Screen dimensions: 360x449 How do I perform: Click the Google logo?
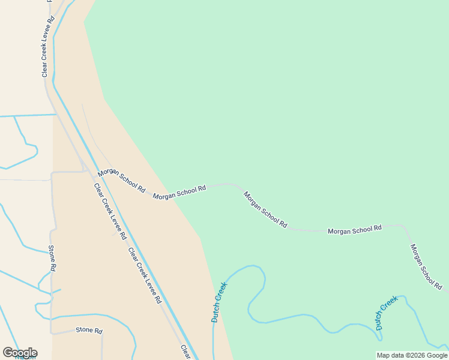pos(20,353)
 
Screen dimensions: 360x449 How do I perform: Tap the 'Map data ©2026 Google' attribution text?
pos(412,355)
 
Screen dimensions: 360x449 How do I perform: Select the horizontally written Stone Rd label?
pos(89,331)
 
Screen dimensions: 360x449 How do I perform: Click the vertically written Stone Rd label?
pos(53,259)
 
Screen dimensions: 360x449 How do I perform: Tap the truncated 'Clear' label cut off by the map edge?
pos(186,352)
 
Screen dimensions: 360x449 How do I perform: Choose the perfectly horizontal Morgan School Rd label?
pos(355,229)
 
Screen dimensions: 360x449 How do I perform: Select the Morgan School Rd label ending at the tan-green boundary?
pos(179,192)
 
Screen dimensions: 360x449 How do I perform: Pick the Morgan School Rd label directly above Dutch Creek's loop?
pos(265,209)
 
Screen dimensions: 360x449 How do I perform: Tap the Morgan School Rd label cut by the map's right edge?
pos(426,267)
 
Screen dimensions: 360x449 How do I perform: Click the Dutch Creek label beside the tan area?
pos(219,302)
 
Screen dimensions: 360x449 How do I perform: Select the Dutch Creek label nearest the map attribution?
pos(387,313)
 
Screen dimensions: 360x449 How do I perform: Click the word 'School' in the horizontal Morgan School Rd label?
pos(357,229)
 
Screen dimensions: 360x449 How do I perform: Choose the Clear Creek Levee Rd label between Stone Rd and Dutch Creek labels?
pos(145,274)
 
